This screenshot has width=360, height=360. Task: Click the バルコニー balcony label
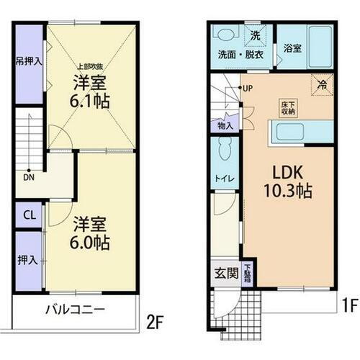[x=76, y=310]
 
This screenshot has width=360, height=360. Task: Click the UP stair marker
[x=248, y=89]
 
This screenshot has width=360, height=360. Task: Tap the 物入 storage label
[x=225, y=125]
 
